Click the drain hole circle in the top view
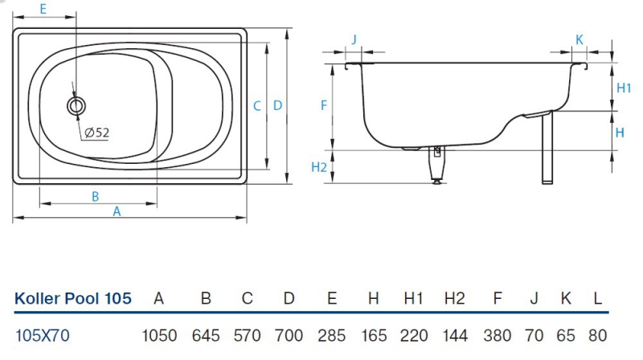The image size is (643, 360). click(76, 104)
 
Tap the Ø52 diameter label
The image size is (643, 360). click(96, 133)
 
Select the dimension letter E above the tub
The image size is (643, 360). click(43, 9)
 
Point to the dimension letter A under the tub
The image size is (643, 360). click(117, 211)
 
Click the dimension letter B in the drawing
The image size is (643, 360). click(94, 195)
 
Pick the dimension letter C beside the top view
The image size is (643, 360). click(257, 105)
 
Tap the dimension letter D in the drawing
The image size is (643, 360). click(277, 105)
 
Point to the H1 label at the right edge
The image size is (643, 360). click(623, 88)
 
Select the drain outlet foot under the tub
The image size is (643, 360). click(437, 165)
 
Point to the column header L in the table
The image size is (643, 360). click(597, 299)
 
